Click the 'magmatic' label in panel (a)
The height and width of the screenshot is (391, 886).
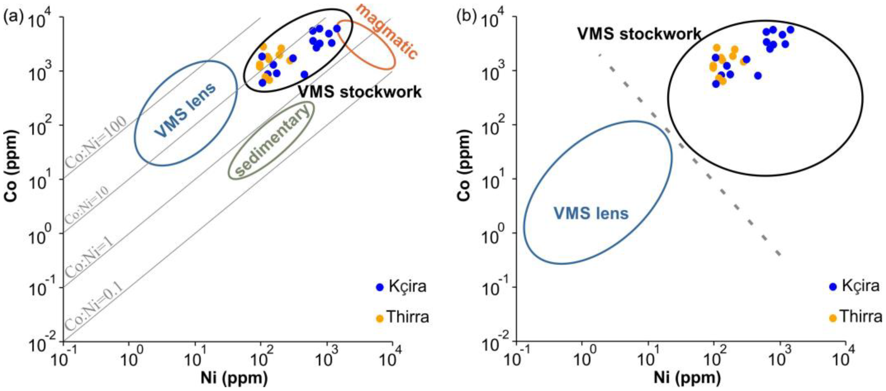[386, 31]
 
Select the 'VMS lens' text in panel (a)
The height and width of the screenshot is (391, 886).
[185, 110]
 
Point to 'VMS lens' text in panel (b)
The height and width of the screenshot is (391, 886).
[591, 214]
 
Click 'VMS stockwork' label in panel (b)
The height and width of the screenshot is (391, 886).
[639, 34]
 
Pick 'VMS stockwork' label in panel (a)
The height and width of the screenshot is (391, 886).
[360, 92]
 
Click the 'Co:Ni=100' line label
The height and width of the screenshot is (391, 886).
[96, 142]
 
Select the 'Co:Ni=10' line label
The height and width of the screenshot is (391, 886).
[87, 204]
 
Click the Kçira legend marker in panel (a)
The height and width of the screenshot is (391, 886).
[380, 287]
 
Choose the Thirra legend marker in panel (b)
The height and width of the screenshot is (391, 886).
[833, 318]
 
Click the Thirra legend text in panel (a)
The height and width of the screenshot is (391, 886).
[408, 317]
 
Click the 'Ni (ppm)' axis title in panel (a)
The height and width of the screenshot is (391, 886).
[234, 379]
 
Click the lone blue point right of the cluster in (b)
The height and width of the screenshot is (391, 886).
[758, 76]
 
